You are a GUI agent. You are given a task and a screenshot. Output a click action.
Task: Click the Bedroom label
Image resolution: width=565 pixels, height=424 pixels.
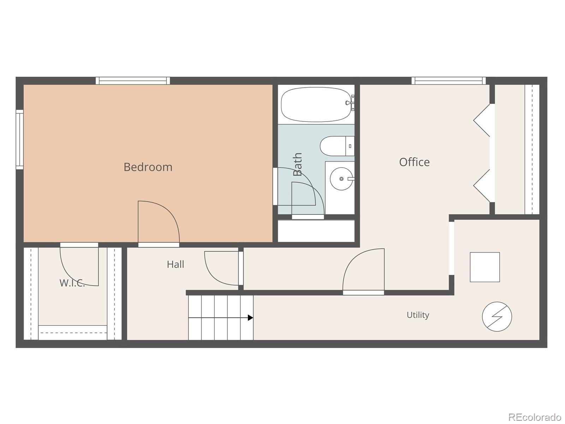148,167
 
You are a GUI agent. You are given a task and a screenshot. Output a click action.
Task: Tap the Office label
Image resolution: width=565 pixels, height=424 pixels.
415,162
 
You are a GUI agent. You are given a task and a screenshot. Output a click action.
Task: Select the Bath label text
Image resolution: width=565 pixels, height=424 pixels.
297,164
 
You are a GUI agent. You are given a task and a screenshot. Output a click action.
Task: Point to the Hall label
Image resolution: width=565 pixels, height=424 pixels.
175,264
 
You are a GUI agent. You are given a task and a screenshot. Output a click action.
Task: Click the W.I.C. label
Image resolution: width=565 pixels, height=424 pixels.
72,283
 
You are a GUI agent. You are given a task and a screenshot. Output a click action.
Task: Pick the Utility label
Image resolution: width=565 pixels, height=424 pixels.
418,315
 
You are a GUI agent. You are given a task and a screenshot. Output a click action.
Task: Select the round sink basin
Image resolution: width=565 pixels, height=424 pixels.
341,179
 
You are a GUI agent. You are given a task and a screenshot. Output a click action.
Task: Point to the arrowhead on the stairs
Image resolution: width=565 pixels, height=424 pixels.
250,318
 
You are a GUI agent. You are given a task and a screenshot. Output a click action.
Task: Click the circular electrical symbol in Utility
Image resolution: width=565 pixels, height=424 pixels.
497,317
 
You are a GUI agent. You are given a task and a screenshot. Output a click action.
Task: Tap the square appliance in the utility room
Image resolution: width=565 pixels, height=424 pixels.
485,267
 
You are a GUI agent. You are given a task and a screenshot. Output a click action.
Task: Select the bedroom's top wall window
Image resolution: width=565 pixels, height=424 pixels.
133,81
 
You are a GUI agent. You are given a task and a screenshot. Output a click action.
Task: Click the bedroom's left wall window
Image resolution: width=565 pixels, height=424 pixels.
19,140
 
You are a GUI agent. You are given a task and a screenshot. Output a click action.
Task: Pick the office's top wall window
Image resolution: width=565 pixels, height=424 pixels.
449,81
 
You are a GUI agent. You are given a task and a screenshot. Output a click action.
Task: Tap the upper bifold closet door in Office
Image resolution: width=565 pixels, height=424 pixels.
482,120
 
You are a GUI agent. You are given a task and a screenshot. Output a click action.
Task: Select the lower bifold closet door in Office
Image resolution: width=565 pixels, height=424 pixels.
482,185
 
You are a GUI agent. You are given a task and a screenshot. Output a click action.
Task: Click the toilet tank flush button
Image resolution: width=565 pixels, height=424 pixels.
350,146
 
